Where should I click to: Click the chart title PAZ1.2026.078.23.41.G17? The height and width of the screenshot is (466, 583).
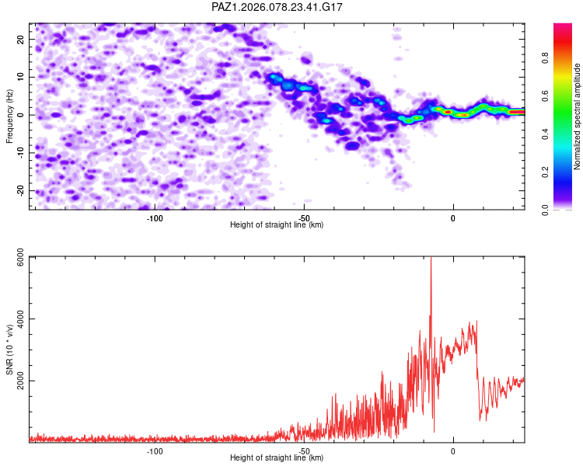point(278,7)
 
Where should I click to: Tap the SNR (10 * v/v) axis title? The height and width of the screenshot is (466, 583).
point(10,349)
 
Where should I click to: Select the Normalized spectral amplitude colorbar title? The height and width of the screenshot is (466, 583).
point(577,116)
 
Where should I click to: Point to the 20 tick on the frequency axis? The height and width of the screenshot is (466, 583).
point(23,39)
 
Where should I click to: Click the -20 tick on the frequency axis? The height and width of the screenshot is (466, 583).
point(21,191)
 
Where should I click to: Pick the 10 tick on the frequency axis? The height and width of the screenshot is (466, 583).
point(23,77)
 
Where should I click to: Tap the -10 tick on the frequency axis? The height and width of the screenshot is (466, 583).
point(21,153)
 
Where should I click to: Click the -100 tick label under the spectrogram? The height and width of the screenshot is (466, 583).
point(154,217)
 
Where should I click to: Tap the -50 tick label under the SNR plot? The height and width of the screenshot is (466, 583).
point(303,450)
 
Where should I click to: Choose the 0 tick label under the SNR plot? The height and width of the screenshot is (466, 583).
point(452,450)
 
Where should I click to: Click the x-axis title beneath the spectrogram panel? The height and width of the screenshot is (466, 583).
point(277,225)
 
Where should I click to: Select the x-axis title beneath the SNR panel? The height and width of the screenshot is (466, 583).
point(277,458)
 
